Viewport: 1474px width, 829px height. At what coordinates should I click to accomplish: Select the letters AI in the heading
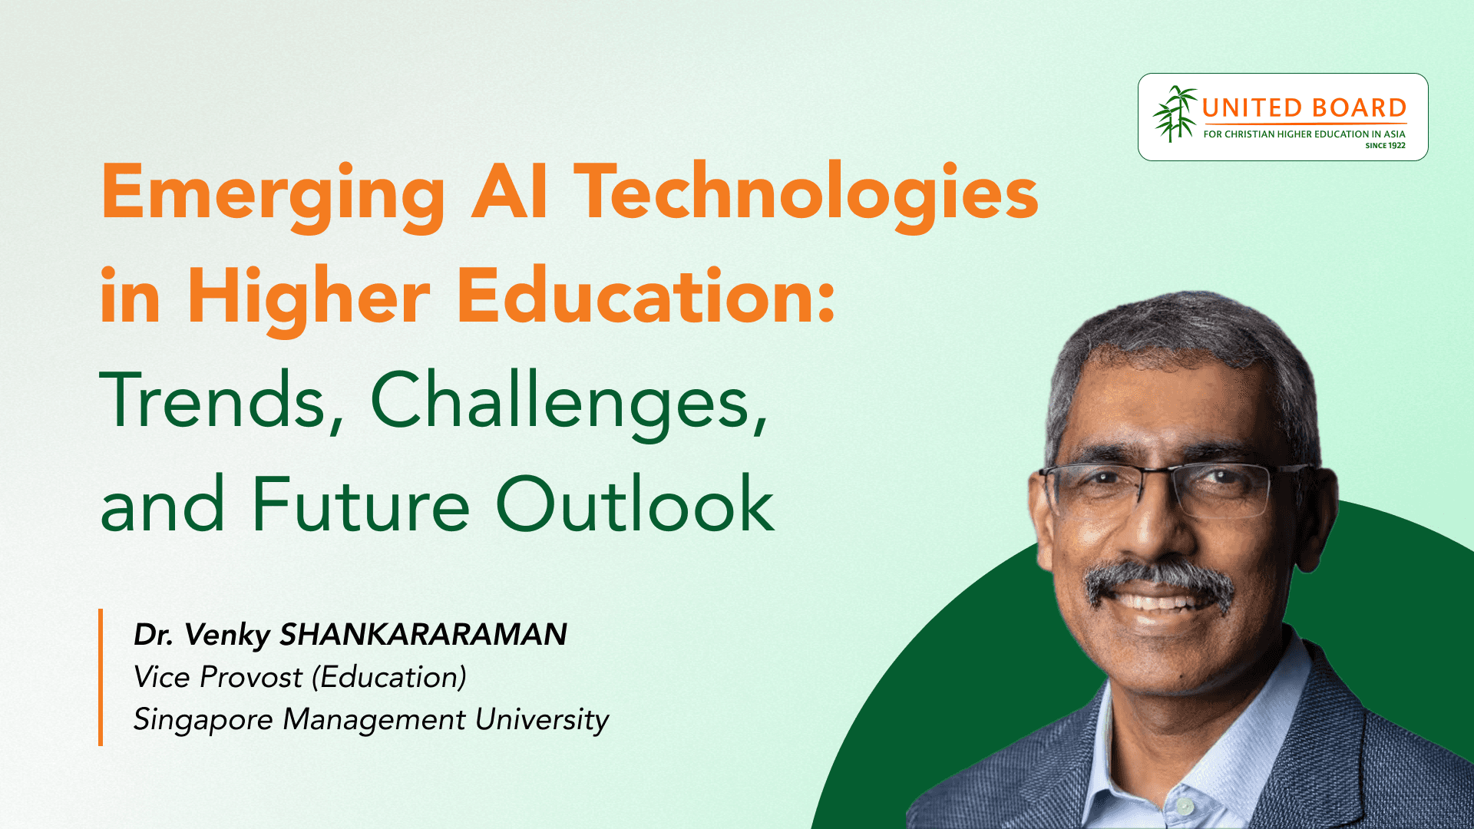pyautogui.click(x=510, y=191)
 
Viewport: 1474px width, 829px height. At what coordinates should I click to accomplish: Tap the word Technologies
pyautogui.click(x=806, y=197)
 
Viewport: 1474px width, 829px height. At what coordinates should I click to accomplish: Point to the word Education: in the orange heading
pyautogui.click(x=646, y=296)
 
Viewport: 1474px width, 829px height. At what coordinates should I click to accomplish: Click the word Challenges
pyautogui.click(x=569, y=403)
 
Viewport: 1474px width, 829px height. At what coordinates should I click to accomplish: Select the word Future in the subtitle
pyautogui.click(x=360, y=504)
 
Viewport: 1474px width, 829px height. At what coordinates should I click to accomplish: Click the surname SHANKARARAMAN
pyautogui.click(x=423, y=635)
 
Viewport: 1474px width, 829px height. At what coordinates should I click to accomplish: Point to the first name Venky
pyautogui.click(x=227, y=636)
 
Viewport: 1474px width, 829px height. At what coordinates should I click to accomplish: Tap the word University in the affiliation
pyautogui.click(x=542, y=721)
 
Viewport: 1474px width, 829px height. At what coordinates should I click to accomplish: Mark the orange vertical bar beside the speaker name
pyautogui.click(x=101, y=677)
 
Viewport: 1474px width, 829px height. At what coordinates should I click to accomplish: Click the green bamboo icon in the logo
pyautogui.click(x=1174, y=114)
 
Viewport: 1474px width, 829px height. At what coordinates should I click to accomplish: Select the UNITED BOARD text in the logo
pyautogui.click(x=1304, y=108)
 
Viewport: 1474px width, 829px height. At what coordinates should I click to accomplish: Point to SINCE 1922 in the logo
pyautogui.click(x=1385, y=145)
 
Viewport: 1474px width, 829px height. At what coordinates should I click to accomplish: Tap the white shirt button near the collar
pyautogui.click(x=1185, y=806)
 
